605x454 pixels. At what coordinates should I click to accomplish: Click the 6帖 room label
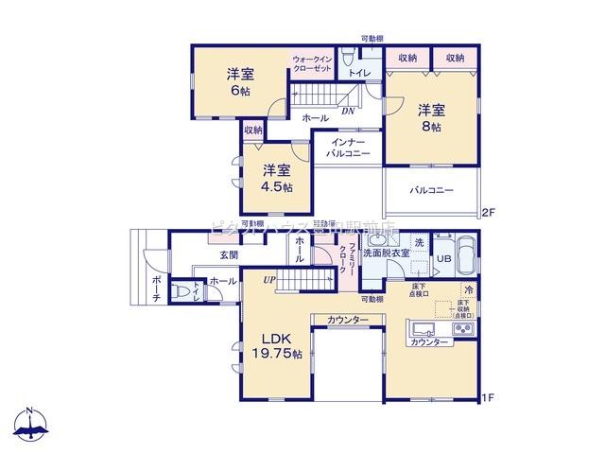(239, 91)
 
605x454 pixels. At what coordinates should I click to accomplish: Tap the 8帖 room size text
(431, 126)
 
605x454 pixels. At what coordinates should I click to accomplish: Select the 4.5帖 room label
(277, 186)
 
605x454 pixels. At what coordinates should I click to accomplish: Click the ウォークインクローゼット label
(311, 64)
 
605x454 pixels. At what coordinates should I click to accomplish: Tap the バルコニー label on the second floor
(431, 190)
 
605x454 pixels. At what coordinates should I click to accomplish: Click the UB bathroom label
(442, 258)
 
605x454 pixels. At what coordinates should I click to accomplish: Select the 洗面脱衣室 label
(387, 253)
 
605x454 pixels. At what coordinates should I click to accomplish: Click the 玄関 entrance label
(229, 255)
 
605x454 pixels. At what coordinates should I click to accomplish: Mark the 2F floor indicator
(489, 212)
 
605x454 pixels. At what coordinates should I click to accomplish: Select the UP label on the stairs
(269, 279)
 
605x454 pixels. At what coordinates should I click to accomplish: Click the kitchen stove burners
(463, 328)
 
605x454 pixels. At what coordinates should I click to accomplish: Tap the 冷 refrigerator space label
(468, 290)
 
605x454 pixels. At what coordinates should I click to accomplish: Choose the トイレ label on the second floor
(359, 73)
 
